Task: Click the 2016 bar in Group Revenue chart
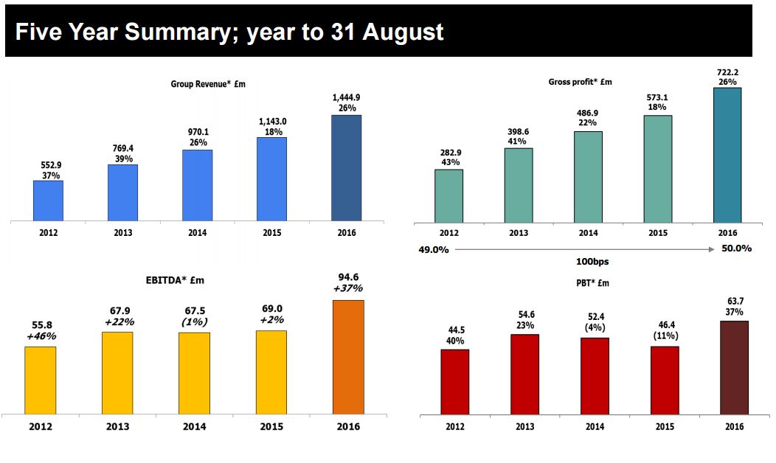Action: [346, 167]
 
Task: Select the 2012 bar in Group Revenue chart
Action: [48, 200]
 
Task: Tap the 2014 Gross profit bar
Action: [587, 177]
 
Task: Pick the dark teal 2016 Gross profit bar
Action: [727, 155]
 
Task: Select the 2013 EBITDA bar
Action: [117, 372]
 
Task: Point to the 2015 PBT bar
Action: [665, 380]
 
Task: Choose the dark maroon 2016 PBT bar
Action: [734, 367]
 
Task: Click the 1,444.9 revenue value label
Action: [346, 97]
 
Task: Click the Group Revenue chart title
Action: [208, 84]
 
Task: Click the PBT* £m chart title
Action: [592, 283]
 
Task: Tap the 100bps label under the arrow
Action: [592, 261]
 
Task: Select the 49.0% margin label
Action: [434, 249]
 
